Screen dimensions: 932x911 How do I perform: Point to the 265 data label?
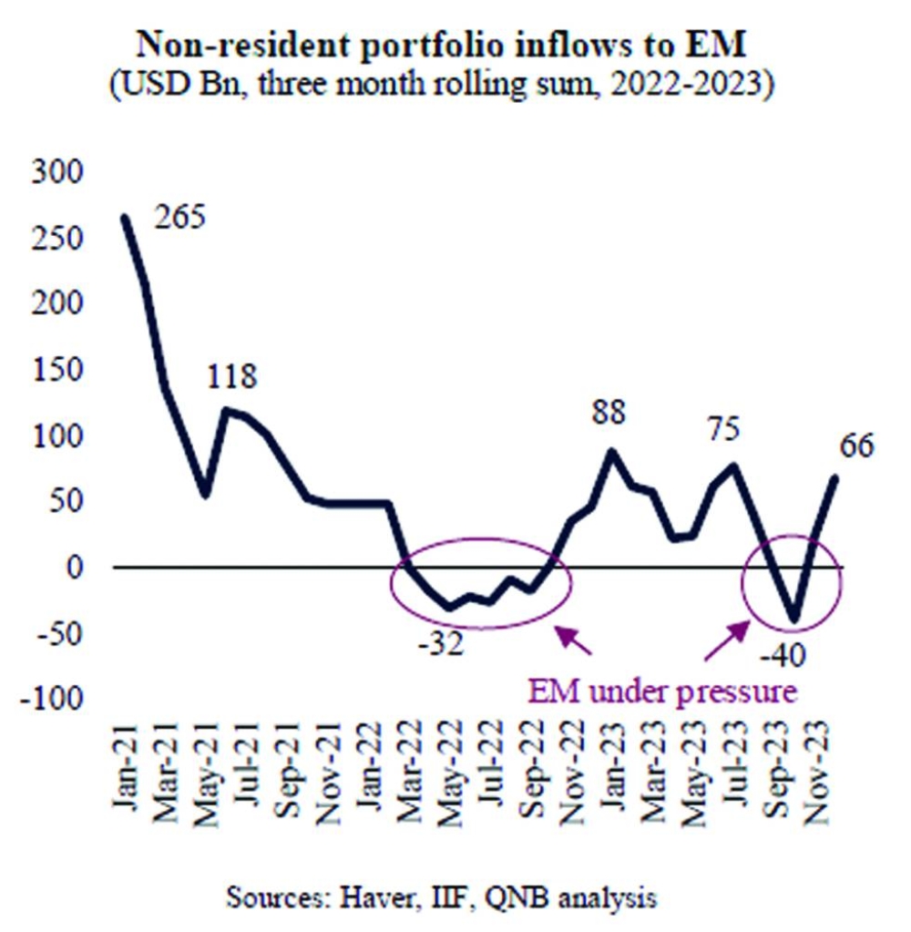180,219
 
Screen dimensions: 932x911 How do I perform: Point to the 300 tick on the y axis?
56,172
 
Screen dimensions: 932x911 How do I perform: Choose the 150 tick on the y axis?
56,370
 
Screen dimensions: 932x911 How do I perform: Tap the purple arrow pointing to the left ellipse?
574,640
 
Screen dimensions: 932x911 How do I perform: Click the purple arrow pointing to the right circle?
726,641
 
